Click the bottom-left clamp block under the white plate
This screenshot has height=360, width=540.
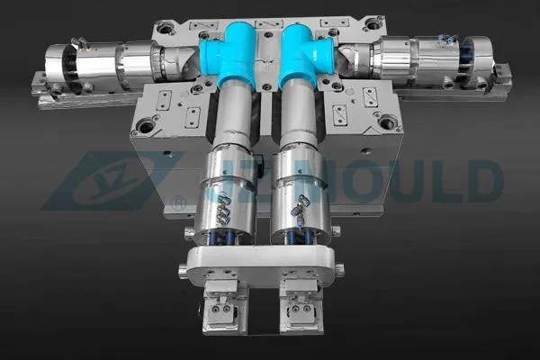(221, 301)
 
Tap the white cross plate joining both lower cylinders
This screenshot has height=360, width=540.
(260, 263)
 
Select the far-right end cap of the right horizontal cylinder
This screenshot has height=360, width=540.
(478, 58)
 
